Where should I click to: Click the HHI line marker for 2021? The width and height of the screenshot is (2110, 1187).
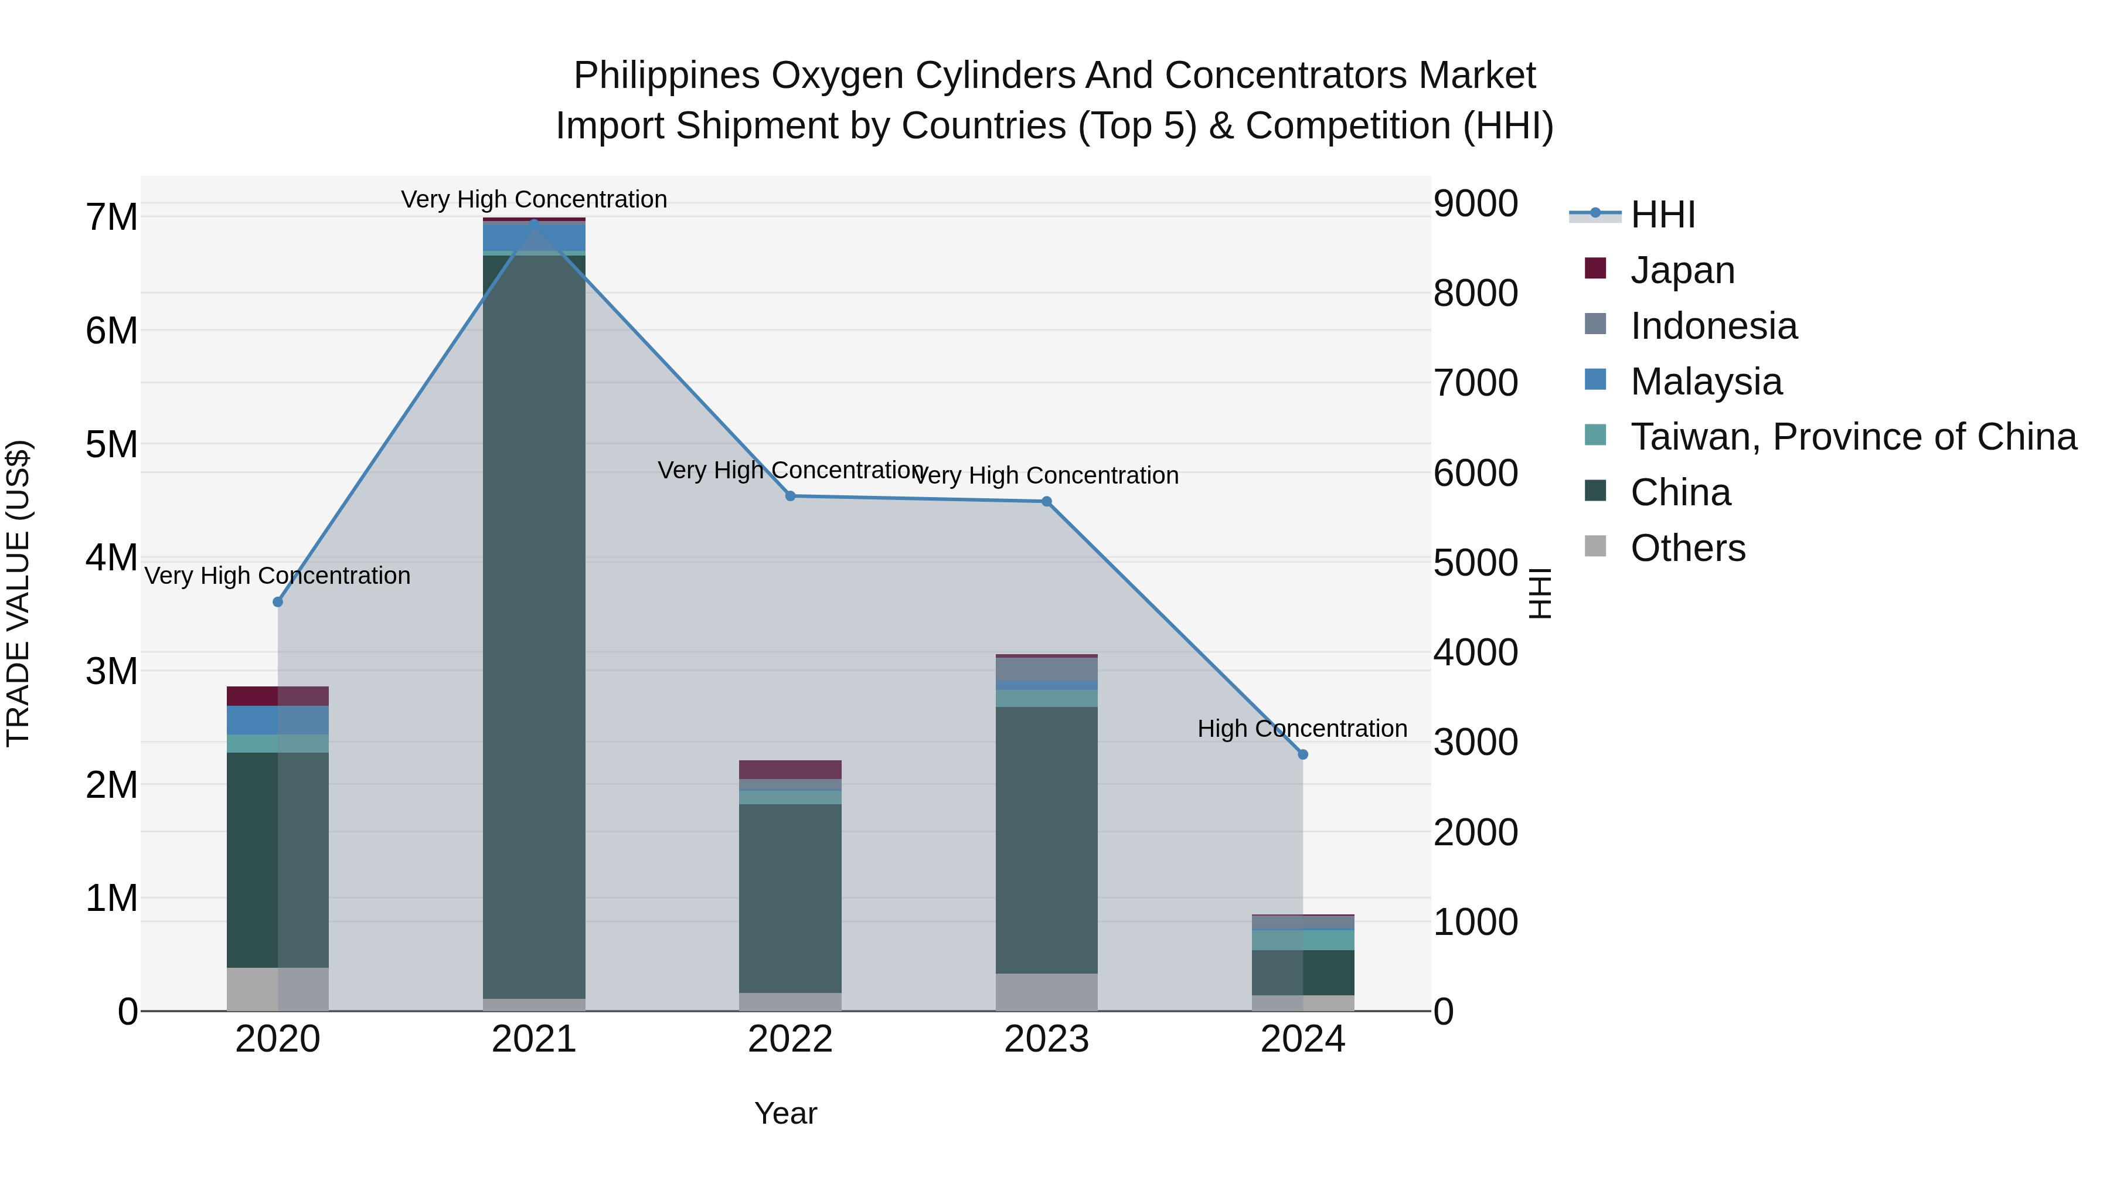pyautogui.click(x=534, y=223)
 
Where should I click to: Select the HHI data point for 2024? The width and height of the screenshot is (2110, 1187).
pyautogui.click(x=1302, y=754)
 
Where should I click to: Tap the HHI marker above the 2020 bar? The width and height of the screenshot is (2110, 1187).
pyautogui.click(x=278, y=602)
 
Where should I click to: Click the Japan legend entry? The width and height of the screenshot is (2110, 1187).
pyautogui.click(x=1682, y=270)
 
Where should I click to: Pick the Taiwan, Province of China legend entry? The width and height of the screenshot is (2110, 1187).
pyautogui.click(x=1853, y=437)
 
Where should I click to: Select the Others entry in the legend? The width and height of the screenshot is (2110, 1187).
pyautogui.click(x=1687, y=548)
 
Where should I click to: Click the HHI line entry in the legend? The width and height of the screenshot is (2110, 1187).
pyautogui.click(x=1662, y=215)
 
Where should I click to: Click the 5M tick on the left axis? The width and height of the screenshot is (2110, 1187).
pyautogui.click(x=111, y=445)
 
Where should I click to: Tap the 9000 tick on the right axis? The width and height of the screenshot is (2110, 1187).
pyautogui.click(x=1475, y=204)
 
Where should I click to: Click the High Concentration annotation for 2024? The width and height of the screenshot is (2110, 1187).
pyautogui.click(x=1302, y=728)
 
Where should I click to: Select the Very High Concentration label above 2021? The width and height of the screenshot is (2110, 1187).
pyautogui.click(x=534, y=200)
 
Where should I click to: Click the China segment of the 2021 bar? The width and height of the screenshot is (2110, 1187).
pyautogui.click(x=534, y=623)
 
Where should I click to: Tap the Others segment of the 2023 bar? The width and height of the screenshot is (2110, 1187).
pyautogui.click(x=1046, y=992)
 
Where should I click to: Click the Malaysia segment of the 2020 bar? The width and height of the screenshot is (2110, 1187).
pyautogui.click(x=278, y=720)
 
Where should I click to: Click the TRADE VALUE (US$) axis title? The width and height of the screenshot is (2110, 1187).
pyautogui.click(x=18, y=593)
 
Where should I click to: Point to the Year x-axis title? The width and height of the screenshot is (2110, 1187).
pyautogui.click(x=785, y=1113)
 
